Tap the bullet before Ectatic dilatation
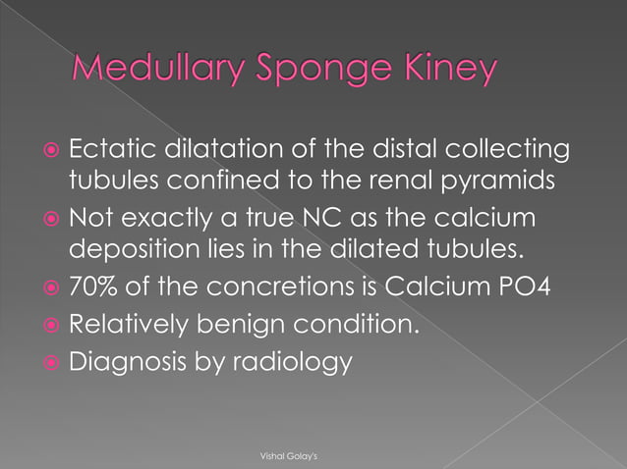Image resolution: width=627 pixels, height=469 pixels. pos(49,153)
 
